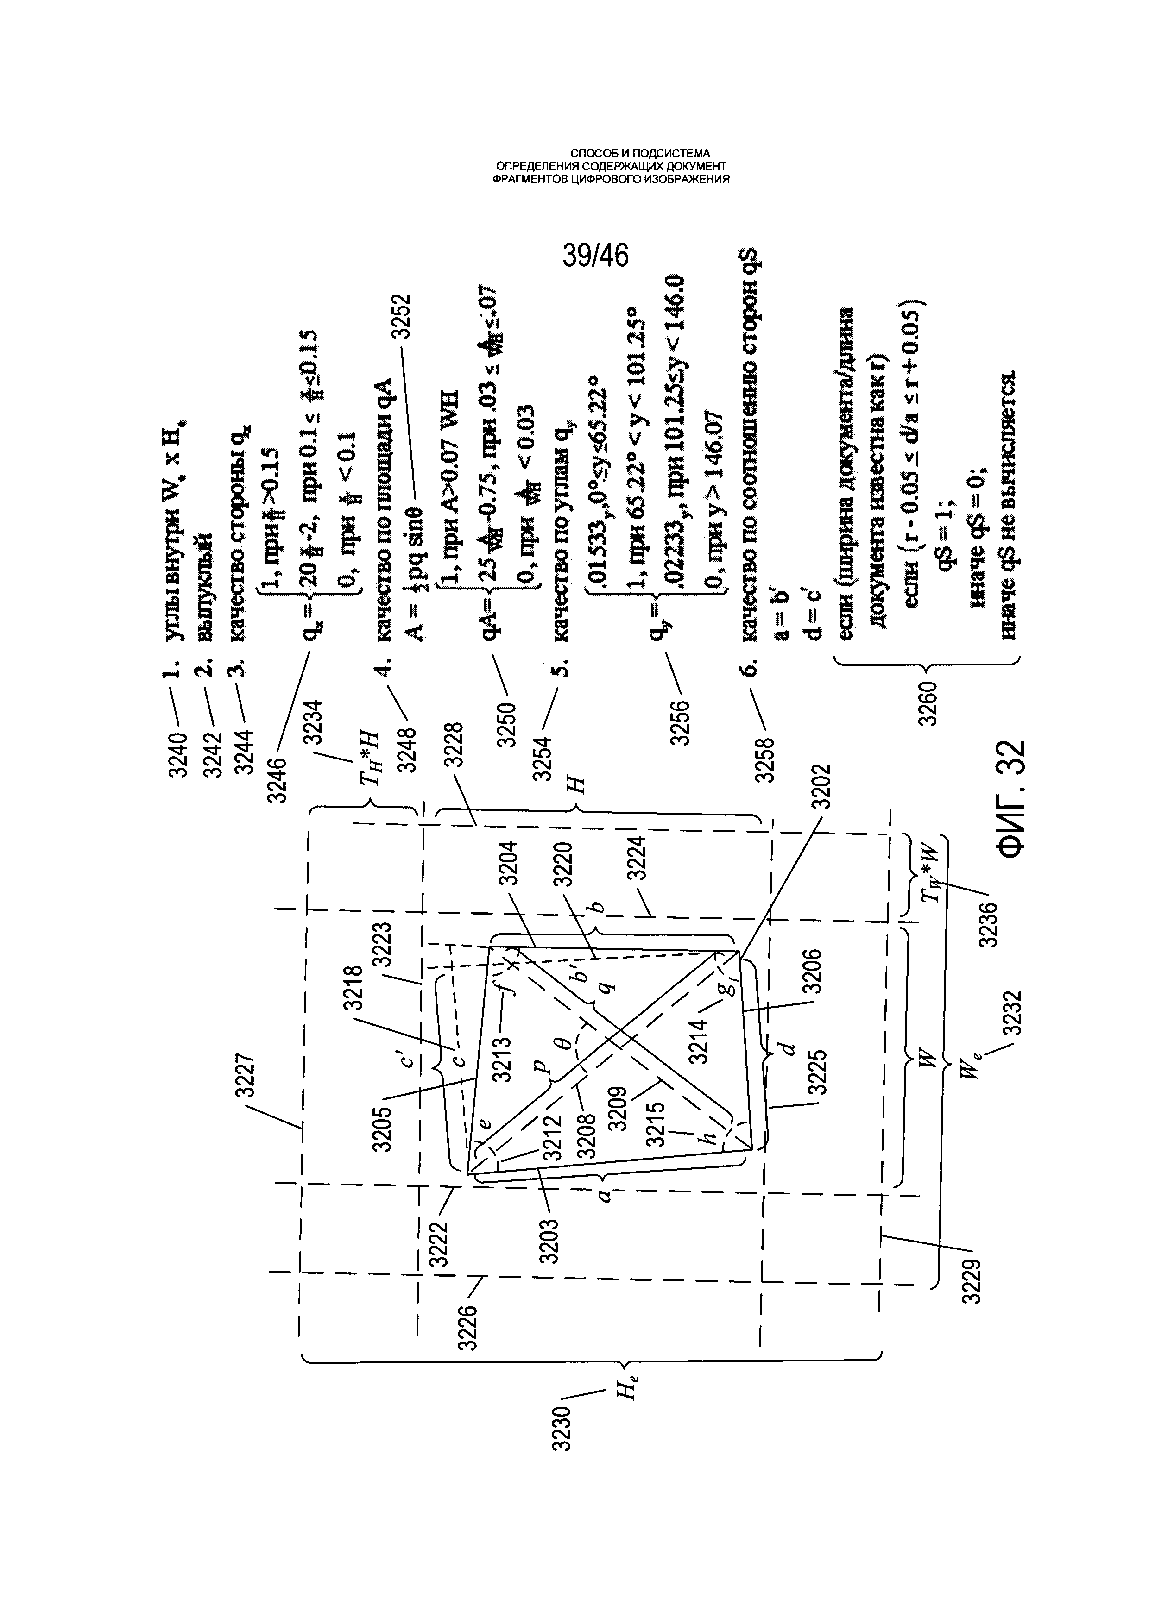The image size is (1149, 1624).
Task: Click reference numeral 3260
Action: tap(928, 704)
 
